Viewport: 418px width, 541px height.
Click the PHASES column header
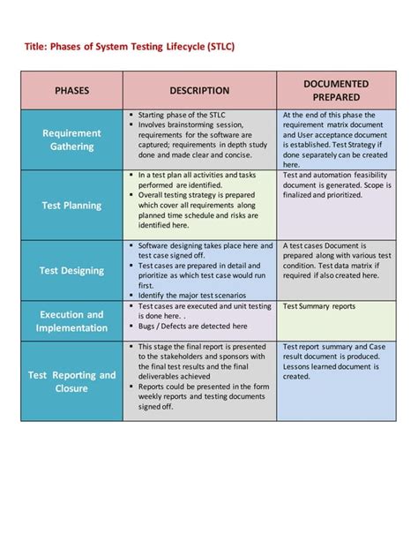click(x=71, y=90)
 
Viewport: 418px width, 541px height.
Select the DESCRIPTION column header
click(x=199, y=90)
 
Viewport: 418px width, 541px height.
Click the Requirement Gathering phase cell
click(x=71, y=139)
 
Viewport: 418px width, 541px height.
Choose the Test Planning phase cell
click(x=71, y=205)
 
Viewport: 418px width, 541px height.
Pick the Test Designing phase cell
click(x=71, y=271)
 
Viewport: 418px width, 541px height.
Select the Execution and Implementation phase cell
click(x=71, y=321)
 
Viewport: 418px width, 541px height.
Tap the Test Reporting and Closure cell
click(x=71, y=381)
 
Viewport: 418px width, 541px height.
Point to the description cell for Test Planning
click(x=199, y=205)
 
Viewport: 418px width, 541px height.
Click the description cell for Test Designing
click(x=199, y=271)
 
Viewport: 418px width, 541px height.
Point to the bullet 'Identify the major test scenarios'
click(x=189, y=295)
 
